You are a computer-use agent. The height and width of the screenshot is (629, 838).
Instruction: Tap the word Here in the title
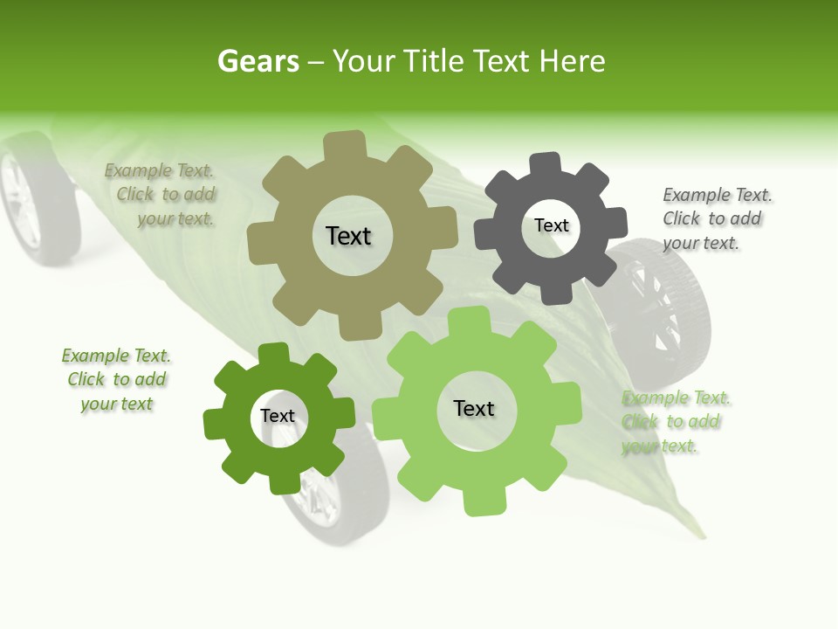coord(572,61)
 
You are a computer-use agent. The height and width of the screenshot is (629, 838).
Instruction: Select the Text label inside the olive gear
coord(348,236)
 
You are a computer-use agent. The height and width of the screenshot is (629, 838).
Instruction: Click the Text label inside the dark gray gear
coord(551,225)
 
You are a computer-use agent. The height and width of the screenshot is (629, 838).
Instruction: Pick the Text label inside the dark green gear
coord(278,416)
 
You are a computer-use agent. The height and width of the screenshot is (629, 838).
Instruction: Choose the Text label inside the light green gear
coord(474,408)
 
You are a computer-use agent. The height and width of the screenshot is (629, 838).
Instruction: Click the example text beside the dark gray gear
coord(716,218)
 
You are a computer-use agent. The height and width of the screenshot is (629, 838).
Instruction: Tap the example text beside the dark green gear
coord(116,379)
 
